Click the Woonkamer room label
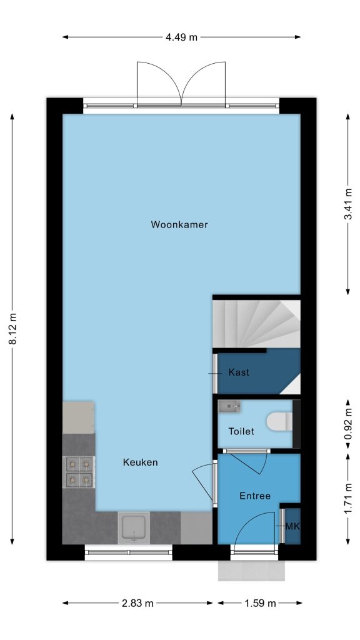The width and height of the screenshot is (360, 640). click(179, 224)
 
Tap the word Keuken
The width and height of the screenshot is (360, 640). click(140, 462)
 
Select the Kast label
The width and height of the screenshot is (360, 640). click(239, 372)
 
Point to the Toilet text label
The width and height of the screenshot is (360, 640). click(241, 431)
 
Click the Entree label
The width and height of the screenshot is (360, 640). click(255, 496)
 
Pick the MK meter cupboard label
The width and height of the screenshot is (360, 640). click(292, 526)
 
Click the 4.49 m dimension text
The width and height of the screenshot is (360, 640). click(181, 37)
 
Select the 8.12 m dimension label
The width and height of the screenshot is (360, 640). click(13, 329)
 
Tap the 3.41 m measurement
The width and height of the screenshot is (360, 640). click(348, 204)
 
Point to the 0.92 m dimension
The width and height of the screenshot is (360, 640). click(348, 424)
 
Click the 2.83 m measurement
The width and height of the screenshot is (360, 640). click(137, 603)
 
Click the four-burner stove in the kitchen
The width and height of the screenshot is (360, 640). click(79, 472)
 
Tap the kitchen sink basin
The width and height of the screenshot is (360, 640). click(134, 527)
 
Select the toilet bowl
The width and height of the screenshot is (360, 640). click(279, 421)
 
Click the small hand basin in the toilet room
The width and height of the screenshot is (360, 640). click(229, 406)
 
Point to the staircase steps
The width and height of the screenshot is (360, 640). click(256, 324)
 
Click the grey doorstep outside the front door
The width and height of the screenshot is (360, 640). click(251, 570)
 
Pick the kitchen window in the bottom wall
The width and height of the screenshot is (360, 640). click(129, 552)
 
